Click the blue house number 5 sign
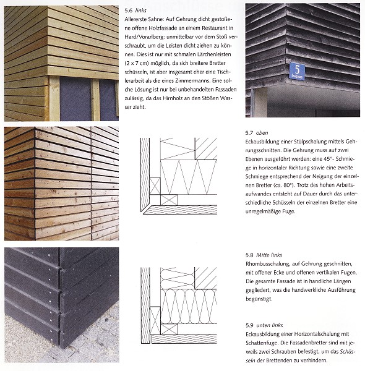point(297,71)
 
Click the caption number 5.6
point(129,11)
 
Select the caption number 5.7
point(249,133)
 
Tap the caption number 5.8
point(249,255)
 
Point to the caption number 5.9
point(249,325)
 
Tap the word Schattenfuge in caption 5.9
point(260,343)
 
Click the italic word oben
point(262,133)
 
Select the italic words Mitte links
point(269,255)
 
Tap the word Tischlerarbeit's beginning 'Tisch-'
point(224,72)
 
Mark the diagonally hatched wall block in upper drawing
point(206,148)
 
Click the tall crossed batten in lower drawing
point(155,320)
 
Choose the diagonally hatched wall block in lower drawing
point(205,278)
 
